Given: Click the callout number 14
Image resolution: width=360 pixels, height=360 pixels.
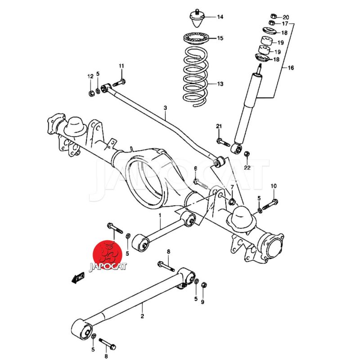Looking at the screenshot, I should [x=220, y=18].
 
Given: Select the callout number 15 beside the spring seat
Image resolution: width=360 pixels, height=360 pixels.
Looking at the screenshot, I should [x=220, y=38].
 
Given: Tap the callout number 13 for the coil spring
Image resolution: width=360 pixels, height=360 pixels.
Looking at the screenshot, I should [x=220, y=84].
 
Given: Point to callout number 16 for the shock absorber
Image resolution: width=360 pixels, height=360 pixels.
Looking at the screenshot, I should [x=291, y=68].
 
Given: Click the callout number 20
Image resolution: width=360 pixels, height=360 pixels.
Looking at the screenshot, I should [x=286, y=17].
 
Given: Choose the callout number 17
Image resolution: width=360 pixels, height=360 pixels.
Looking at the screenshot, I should [x=285, y=23].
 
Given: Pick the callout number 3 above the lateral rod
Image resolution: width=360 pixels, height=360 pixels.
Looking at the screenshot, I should [x=165, y=108].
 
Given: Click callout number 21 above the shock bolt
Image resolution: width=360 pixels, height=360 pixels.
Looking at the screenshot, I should [x=219, y=126].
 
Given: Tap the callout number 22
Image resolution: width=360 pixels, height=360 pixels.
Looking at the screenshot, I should [x=247, y=168].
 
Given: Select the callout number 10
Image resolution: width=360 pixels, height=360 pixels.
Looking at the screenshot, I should [x=274, y=186].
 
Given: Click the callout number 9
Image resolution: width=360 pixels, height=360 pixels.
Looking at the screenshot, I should [x=202, y=302].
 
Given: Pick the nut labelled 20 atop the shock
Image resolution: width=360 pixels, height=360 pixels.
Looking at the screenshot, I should [x=274, y=17].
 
